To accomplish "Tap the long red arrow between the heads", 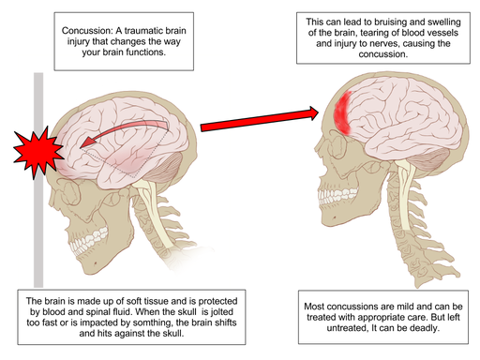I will tap(253, 117).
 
